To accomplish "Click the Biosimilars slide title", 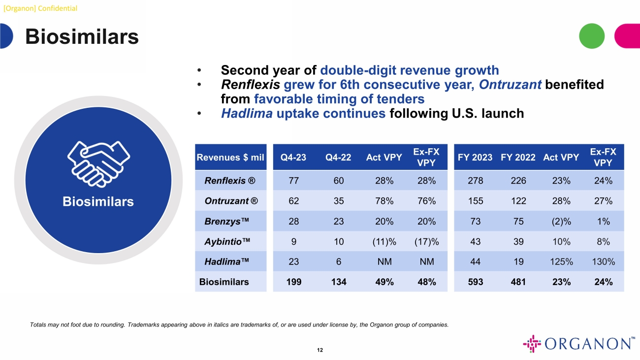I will click(82, 37).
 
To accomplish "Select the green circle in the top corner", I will click(591, 36).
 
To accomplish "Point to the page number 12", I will click(320, 350).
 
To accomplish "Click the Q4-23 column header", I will click(293, 158).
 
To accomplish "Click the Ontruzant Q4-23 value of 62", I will click(293, 201).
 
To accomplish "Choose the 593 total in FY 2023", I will click(475, 282).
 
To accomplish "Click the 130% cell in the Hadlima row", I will click(603, 262).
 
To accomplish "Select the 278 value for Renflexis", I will click(475, 181).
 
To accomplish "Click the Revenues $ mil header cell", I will click(230, 158).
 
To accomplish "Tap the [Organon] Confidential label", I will click(40, 8).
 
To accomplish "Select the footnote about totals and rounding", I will click(239, 325).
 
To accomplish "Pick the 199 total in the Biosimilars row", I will click(293, 282).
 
